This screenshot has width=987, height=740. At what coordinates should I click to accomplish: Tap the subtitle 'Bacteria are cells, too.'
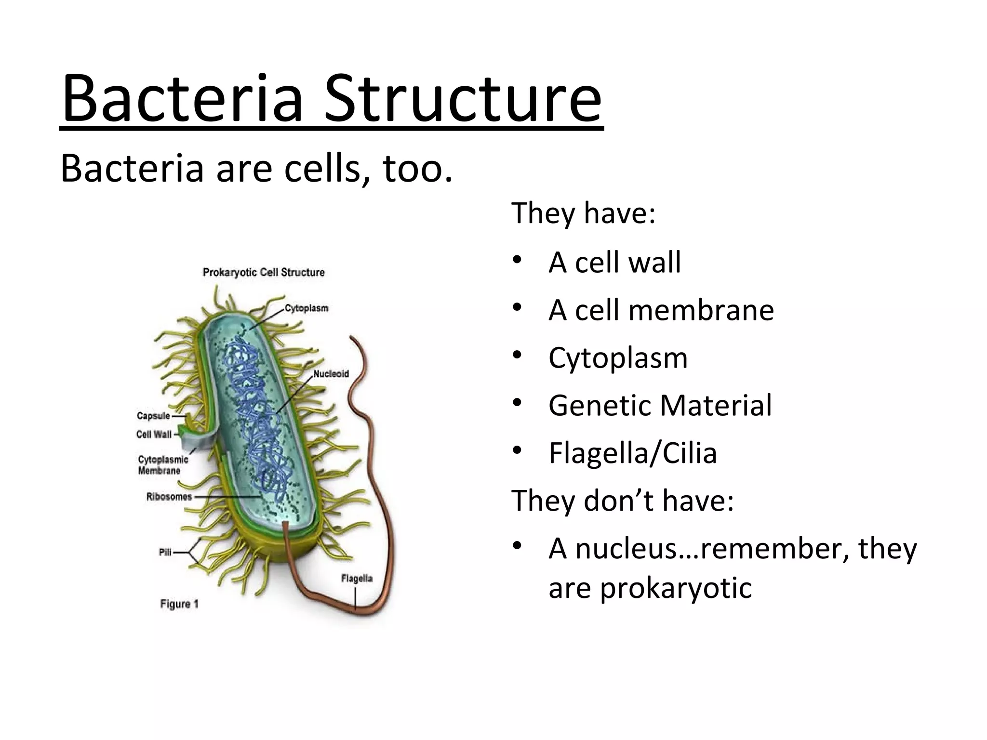[256, 170]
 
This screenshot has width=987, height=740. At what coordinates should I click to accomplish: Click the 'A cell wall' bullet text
[614, 263]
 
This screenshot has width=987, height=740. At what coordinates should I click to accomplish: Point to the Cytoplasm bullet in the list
[618, 358]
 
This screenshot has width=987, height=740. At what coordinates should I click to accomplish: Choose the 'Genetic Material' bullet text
[660, 405]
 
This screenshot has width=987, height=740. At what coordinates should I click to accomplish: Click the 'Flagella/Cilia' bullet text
[632, 453]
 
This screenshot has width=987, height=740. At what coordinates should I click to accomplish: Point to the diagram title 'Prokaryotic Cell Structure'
[264, 272]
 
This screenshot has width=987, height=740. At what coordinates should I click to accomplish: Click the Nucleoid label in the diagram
[331, 374]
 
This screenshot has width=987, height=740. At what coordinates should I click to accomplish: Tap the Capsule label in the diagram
[153, 416]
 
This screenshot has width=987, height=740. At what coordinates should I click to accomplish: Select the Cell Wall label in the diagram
[154, 435]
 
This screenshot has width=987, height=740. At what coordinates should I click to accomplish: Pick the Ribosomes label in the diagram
[169, 497]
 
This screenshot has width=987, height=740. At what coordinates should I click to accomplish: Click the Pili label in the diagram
[165, 553]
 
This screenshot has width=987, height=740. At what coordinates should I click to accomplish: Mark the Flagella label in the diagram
[357, 578]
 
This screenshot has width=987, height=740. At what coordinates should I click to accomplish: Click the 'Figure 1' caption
[179, 604]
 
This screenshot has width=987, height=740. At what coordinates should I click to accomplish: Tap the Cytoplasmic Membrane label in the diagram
[162, 465]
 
